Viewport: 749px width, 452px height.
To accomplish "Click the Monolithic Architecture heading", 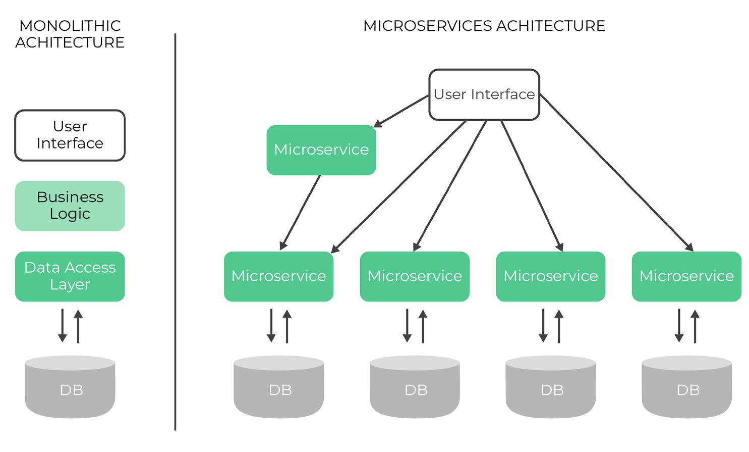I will coord(70,34).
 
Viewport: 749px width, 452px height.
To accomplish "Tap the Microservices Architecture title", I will coord(484,26).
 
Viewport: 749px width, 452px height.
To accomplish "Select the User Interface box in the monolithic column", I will coord(70,135).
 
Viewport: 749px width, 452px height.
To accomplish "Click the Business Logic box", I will coord(70,206).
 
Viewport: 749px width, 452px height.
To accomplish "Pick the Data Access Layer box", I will coord(70,276).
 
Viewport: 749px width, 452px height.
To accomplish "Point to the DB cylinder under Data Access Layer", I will coord(70,387).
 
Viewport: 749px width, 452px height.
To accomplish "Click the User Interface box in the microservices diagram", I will coord(484,95).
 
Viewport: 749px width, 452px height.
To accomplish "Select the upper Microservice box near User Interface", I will coord(321,150).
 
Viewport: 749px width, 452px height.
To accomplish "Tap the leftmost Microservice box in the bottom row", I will coord(278,276).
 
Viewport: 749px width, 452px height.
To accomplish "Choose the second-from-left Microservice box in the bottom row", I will coord(415,276).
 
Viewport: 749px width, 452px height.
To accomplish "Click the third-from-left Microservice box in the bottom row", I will coord(551,276).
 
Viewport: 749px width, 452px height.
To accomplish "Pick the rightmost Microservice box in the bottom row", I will coord(686,276).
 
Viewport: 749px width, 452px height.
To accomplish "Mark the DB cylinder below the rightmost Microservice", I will coord(686,387).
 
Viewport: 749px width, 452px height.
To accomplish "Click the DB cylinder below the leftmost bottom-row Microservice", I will coord(278,387).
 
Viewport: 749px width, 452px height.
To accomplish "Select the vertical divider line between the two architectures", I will coord(175,232).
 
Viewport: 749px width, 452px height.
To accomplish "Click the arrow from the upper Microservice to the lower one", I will coord(301,212).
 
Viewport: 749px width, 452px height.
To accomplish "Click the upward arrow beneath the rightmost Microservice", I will coord(695,326).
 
